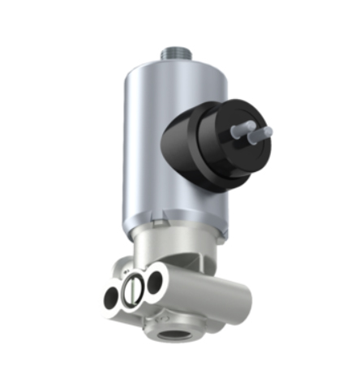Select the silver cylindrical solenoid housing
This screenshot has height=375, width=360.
coord(150,154)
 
